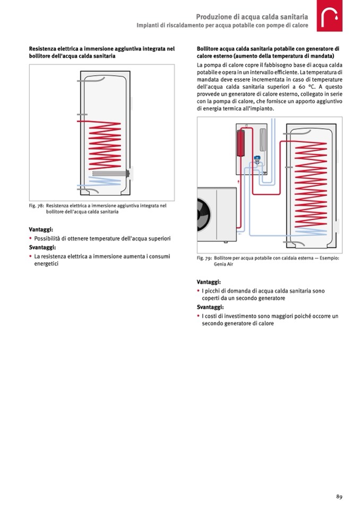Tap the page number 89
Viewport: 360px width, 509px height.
point(338,496)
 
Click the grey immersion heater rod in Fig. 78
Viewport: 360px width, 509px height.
point(110,173)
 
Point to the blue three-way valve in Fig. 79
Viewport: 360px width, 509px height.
point(257,158)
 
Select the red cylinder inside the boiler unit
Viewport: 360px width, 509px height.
point(241,142)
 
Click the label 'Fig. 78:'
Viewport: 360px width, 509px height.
point(36,206)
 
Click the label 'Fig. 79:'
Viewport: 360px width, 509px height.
point(204,258)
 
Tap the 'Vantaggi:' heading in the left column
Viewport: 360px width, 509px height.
point(41,230)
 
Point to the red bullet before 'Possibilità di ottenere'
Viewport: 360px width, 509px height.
point(30,239)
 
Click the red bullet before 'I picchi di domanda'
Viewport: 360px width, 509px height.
point(198,291)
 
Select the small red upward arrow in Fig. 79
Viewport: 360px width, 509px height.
point(239,181)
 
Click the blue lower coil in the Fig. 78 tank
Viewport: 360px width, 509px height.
point(101,185)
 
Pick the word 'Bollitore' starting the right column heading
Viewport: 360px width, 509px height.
point(208,48)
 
